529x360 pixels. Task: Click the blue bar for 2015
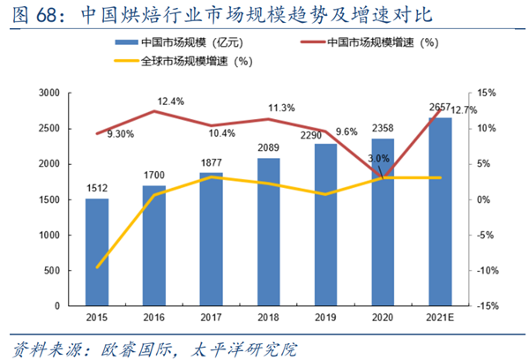coord(98,252)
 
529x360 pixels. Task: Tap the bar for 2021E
coord(440,212)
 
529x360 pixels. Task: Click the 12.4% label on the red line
coord(170,101)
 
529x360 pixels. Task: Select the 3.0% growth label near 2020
coord(377,158)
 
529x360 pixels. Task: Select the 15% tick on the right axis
coord(488,93)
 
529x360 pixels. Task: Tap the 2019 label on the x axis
coord(326,316)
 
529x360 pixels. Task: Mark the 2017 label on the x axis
coord(212,316)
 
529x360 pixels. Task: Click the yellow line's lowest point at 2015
coord(98,266)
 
